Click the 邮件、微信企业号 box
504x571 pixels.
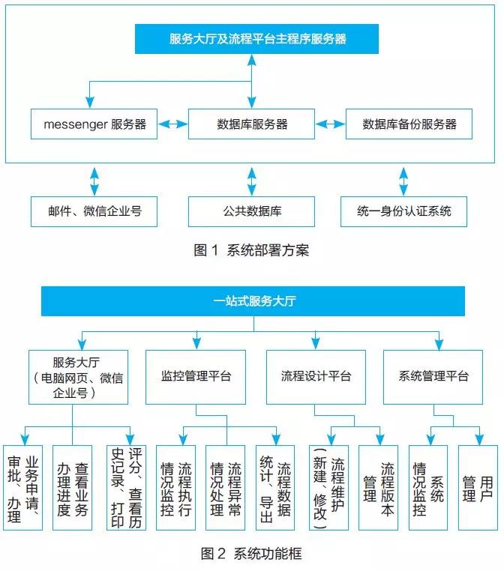coord(94,211)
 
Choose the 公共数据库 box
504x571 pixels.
coord(252,211)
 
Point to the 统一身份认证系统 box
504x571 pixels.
coord(405,211)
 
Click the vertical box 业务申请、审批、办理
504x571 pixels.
coord(23,488)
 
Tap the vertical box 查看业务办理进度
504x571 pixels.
coord(73,488)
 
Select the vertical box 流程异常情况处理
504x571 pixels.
coord(226,488)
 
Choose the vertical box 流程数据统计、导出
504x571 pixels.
coord(275,488)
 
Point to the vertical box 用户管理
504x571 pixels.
coord(478,488)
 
